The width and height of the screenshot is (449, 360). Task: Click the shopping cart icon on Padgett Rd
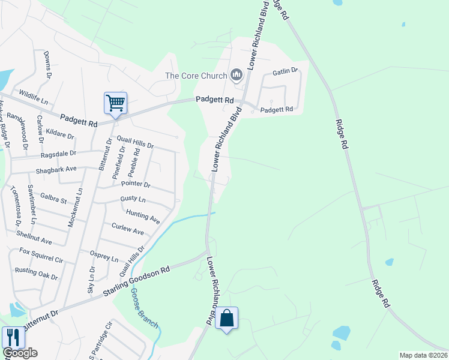tap(115, 102)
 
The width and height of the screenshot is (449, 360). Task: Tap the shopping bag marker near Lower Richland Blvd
tap(227, 318)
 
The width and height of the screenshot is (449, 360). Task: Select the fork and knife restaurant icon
tap(12, 337)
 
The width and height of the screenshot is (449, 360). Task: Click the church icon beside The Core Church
tap(236, 75)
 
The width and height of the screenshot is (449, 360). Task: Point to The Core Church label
tap(196, 76)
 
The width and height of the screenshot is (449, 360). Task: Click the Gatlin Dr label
tap(285, 71)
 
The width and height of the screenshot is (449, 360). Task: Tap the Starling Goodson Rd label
tap(136, 281)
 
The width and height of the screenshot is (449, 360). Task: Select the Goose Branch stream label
tap(144, 308)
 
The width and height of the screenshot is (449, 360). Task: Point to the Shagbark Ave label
tap(56, 169)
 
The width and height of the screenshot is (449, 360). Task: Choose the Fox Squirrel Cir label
tap(41, 255)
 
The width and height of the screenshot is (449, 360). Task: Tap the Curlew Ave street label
tap(128, 229)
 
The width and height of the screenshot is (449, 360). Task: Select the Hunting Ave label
tap(143, 217)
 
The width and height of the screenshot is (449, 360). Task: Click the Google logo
tap(20, 353)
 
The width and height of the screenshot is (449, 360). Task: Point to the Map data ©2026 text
tap(423, 355)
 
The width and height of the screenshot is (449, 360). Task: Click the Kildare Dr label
tap(59, 136)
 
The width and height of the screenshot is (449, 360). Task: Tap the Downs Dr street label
tap(46, 64)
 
